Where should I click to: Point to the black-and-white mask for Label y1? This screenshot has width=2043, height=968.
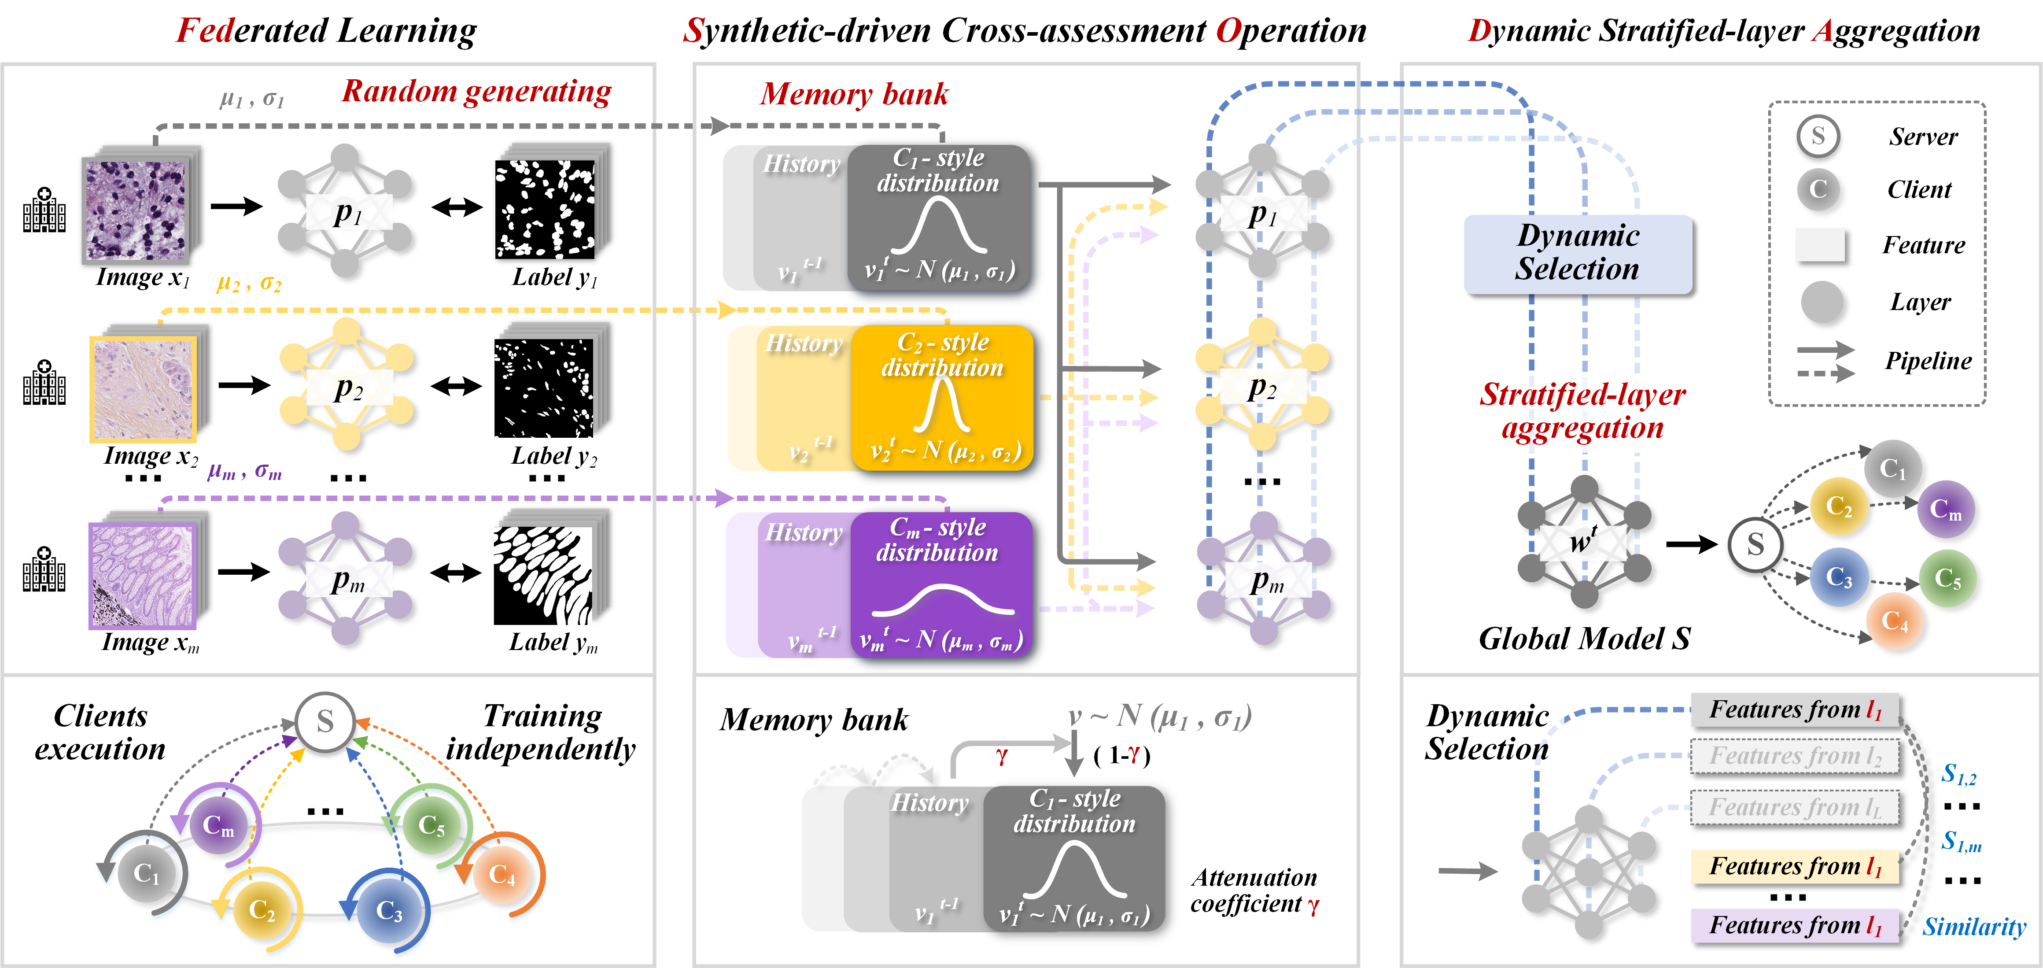pyautogui.click(x=545, y=210)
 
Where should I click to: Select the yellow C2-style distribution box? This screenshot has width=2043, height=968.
pyautogui.click(x=942, y=397)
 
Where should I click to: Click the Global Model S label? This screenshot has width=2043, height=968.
pyautogui.click(x=1584, y=639)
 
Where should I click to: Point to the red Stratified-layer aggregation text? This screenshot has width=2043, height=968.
pyautogui.click(x=1582, y=411)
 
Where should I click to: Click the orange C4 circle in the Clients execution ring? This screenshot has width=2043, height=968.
pyautogui.click(x=501, y=874)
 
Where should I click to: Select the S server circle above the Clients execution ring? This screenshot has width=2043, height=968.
pyautogui.click(x=325, y=722)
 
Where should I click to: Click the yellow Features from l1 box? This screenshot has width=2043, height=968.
pyautogui.click(x=1795, y=866)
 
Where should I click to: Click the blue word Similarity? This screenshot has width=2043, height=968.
pyautogui.click(x=1973, y=926)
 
